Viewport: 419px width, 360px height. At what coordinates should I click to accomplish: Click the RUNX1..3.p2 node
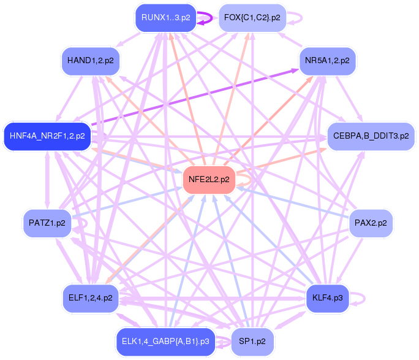[x=165, y=18]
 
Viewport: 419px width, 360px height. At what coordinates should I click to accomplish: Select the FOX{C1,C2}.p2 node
[x=252, y=18]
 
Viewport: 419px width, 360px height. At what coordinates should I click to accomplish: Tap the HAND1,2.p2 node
[x=90, y=61]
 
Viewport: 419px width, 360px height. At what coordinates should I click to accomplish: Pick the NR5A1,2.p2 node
[x=327, y=61]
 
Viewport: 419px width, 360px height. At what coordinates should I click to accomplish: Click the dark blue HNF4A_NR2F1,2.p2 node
[x=47, y=136]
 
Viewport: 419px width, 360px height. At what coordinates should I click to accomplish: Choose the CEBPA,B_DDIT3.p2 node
[x=371, y=136]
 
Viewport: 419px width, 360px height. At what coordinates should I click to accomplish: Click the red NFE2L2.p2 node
[x=209, y=180]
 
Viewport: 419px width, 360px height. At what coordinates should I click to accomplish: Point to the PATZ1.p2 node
[x=47, y=223]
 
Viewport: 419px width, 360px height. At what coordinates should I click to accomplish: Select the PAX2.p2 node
[x=371, y=223]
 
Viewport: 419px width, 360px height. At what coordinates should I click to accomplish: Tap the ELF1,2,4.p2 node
[x=90, y=298]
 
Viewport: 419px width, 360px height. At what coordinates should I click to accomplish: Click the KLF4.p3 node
[x=327, y=298]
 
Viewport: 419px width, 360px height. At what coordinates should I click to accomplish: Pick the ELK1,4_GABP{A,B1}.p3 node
[x=165, y=342]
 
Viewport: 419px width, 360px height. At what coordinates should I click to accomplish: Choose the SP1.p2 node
[x=252, y=342]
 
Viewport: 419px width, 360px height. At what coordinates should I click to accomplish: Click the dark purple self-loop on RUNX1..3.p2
[x=212, y=18]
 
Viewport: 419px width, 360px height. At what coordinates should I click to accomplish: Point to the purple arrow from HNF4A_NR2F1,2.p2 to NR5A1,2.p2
[x=195, y=97]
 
